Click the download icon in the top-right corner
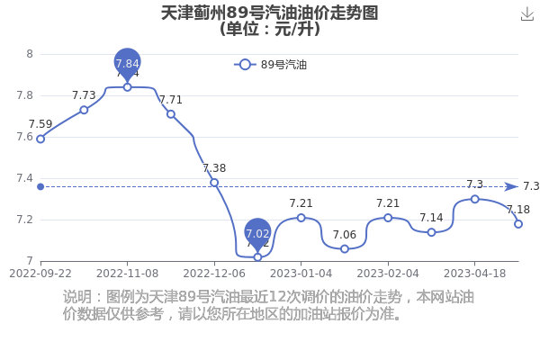(x=526, y=13)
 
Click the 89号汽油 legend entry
(x=270, y=65)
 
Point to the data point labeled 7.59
(x=40, y=139)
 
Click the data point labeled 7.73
(x=84, y=110)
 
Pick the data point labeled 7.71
(x=171, y=114)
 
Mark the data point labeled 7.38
(x=214, y=183)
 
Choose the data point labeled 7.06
(x=345, y=249)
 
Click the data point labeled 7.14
(x=431, y=232)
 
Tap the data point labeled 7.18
(x=518, y=224)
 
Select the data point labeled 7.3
(x=475, y=199)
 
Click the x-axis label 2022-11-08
(x=128, y=274)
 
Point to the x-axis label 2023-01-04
(x=301, y=274)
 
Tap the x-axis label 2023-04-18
(x=474, y=274)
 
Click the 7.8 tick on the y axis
(x=25, y=95)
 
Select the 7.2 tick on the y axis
(x=25, y=220)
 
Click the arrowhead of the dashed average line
(x=511, y=186)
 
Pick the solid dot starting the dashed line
(x=40, y=186)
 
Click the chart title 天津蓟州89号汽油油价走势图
(x=270, y=13)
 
